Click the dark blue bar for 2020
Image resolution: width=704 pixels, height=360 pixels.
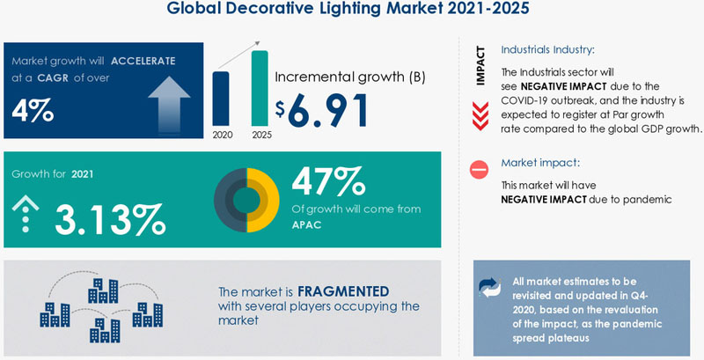221,99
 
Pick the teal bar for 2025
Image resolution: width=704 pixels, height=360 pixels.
259,88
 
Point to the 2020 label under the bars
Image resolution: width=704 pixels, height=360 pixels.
222,136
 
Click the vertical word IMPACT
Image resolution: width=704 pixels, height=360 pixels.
481,65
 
